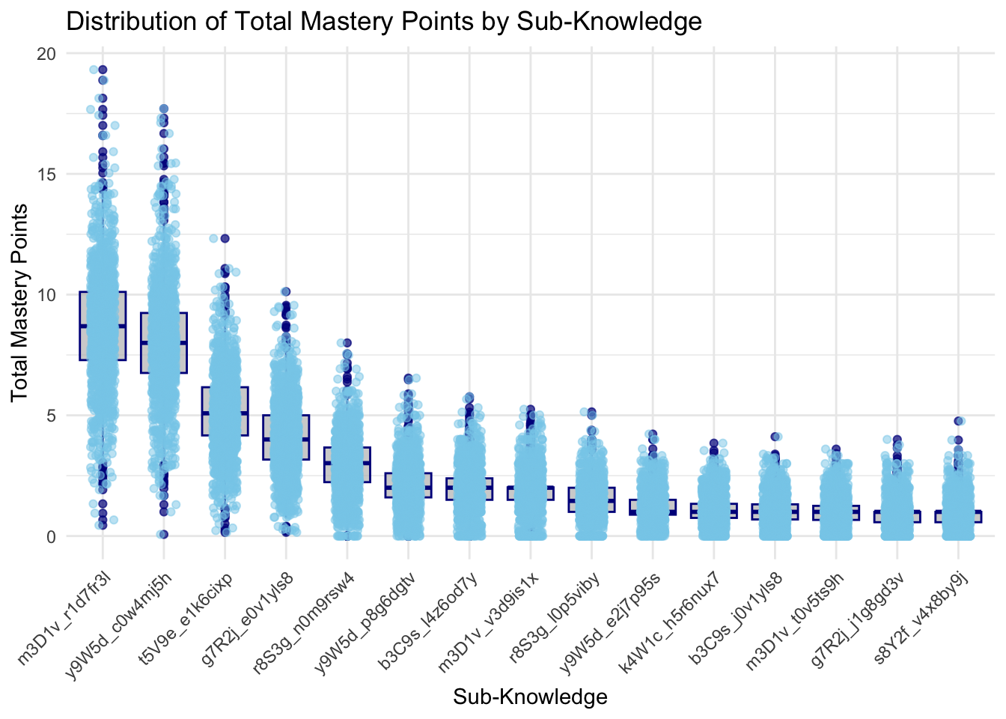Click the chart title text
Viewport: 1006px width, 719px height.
(384, 21)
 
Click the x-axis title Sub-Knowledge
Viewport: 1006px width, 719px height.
(530, 697)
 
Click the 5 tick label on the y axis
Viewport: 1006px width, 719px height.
(51, 416)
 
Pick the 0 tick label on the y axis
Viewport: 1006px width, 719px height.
(51, 536)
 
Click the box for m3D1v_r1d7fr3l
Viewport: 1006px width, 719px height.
(103, 327)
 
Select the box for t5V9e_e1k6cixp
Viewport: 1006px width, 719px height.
(225, 411)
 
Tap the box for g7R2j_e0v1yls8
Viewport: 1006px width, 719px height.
(286, 437)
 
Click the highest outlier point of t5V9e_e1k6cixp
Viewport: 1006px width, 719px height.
(225, 238)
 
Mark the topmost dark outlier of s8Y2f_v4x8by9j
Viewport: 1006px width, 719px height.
(958, 421)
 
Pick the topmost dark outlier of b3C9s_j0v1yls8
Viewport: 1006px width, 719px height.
(775, 437)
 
